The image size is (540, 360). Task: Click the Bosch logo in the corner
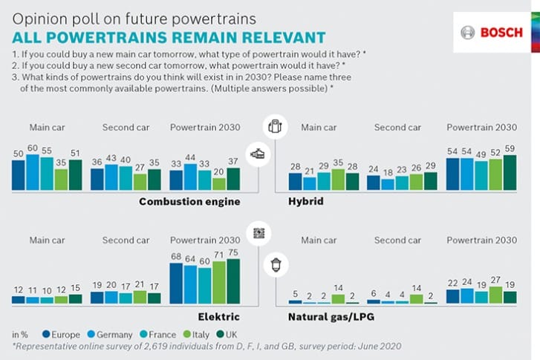(x=491, y=33)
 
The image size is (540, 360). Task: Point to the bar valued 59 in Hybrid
(x=509, y=173)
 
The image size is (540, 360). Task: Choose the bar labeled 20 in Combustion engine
(x=219, y=183)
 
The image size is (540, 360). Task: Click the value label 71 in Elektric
(x=219, y=254)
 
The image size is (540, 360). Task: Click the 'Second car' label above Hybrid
(x=397, y=127)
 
